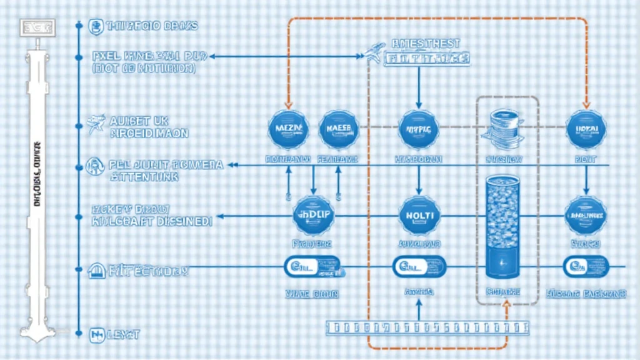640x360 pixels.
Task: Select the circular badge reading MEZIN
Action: [288, 129]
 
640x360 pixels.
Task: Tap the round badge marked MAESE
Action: [338, 129]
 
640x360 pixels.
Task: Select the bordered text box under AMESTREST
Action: [427, 59]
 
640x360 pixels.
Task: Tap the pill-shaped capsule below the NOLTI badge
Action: [419, 267]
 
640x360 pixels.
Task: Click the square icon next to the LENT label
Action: [96, 334]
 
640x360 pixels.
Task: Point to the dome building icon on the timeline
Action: [96, 271]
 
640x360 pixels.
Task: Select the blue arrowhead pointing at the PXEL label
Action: [212, 56]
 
